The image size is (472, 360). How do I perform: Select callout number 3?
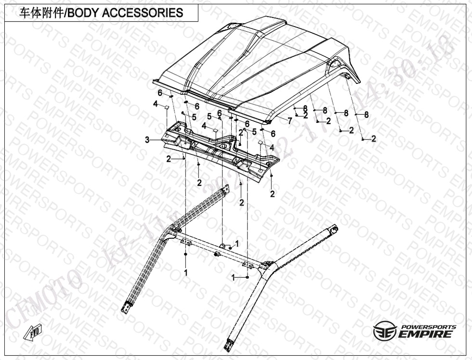147,140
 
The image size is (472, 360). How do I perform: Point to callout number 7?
289,121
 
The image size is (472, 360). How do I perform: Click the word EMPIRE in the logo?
425,334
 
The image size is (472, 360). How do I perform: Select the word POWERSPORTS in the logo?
428,326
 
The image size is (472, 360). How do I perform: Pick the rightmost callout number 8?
367,115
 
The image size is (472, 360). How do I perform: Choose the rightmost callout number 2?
373,139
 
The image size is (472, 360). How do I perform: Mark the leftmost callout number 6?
160,93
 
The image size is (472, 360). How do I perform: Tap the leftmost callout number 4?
156,104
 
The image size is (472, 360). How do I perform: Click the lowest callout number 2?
241,203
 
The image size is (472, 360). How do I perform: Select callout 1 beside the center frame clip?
236,244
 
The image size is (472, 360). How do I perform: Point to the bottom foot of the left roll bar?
126,307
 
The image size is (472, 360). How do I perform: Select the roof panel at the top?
260,63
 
